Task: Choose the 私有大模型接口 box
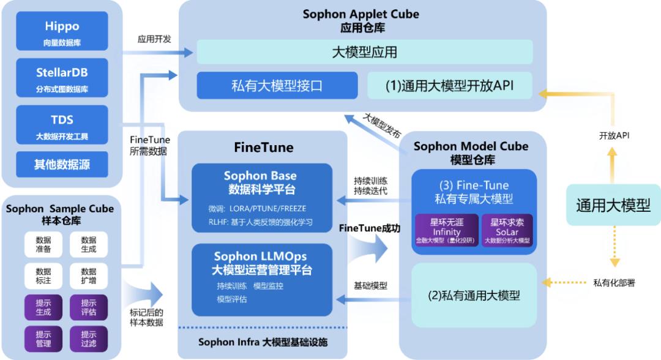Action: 277,85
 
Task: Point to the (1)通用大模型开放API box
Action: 449,85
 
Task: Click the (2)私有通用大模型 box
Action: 474,295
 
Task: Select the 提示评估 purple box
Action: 89,306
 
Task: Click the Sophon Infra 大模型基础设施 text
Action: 262,342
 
